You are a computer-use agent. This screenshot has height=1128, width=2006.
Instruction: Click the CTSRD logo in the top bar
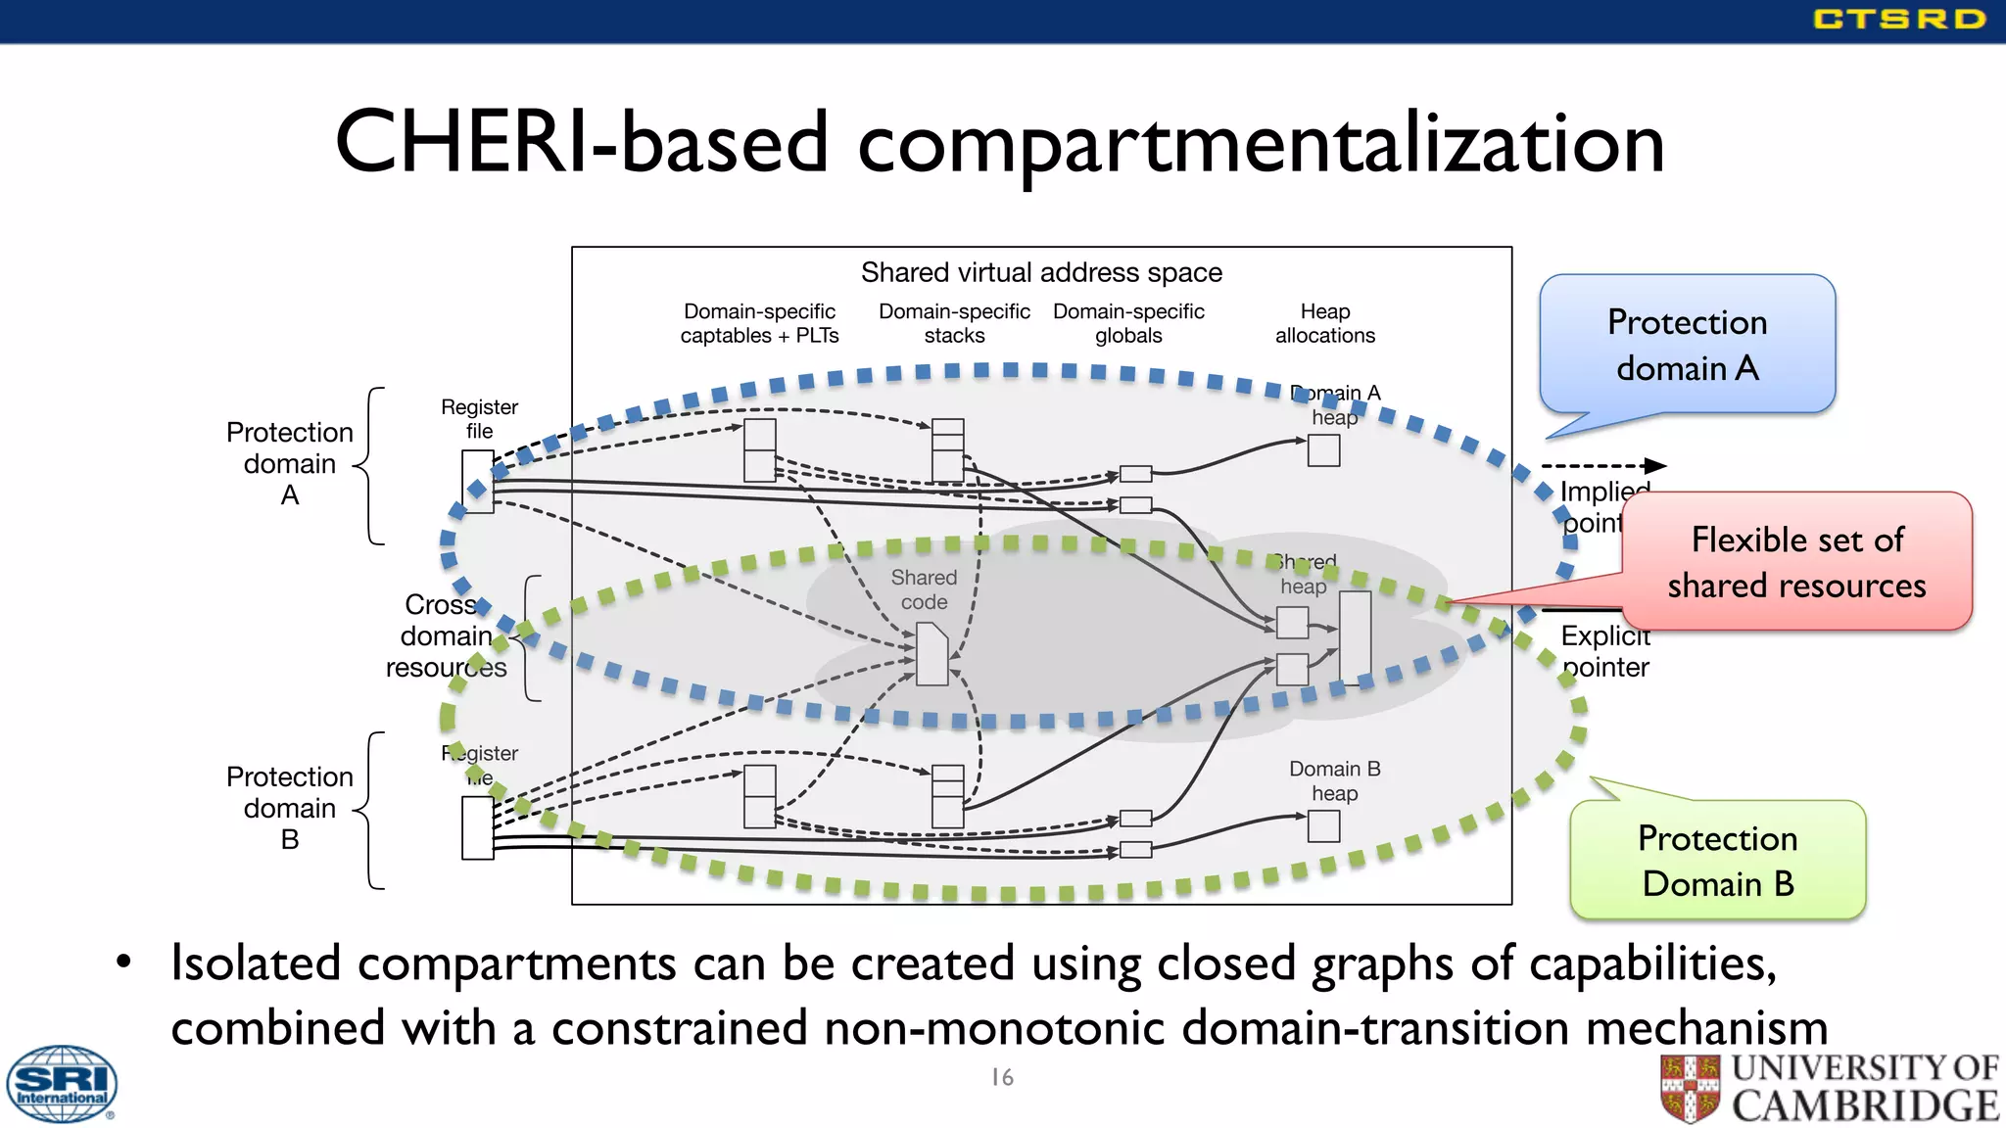[x=1898, y=19]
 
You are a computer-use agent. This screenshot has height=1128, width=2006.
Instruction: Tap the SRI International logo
[x=61, y=1084]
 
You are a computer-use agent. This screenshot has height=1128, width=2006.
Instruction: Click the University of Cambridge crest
[x=1690, y=1088]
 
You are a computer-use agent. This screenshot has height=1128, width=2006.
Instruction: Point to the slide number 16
[x=1002, y=1077]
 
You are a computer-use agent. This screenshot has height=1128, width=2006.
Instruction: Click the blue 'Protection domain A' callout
[x=1687, y=345]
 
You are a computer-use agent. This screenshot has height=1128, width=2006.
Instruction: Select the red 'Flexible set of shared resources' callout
[x=1796, y=562]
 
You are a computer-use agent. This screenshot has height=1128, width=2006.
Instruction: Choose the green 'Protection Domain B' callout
[x=1717, y=860]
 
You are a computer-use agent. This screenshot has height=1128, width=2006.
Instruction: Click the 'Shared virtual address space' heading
[x=1041, y=272]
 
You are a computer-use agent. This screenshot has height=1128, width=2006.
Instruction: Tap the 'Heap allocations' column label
[x=1324, y=323]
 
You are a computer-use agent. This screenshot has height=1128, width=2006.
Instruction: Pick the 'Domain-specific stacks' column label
[x=954, y=323]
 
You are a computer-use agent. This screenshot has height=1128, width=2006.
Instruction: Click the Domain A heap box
[x=1323, y=450]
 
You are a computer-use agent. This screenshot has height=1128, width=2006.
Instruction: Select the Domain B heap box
[x=1323, y=826]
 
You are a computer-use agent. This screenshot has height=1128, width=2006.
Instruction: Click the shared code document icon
[x=931, y=654]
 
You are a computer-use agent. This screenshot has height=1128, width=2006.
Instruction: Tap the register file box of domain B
[x=478, y=828]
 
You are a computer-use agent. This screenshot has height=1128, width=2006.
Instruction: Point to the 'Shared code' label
[x=924, y=589]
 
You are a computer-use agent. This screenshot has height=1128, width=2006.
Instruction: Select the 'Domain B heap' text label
[x=1334, y=780]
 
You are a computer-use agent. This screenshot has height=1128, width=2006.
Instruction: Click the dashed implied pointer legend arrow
[x=1602, y=466]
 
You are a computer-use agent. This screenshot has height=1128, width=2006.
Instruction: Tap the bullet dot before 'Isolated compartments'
[x=123, y=963]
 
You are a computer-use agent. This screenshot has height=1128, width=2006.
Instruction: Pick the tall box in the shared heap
[x=1355, y=637]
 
